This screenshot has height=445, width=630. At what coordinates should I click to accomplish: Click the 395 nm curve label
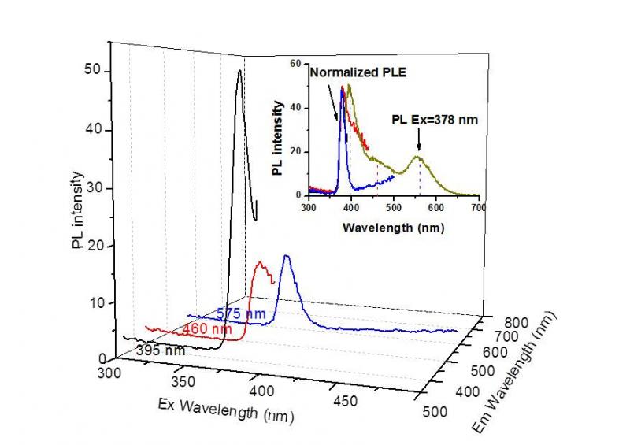tap(161, 350)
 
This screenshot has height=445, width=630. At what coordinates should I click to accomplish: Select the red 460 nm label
tap(206, 328)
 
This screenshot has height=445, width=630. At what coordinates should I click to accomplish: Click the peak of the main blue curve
tap(287, 256)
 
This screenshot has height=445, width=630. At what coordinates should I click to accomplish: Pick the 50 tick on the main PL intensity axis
tap(92, 71)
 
